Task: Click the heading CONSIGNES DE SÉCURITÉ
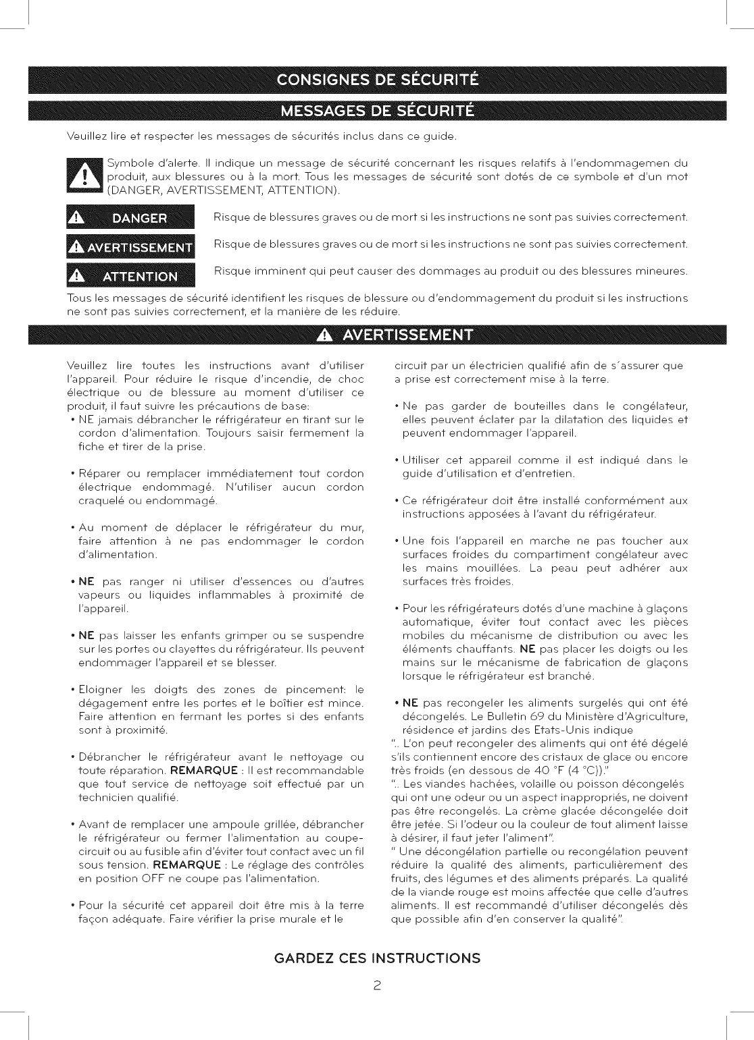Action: pos(378,80)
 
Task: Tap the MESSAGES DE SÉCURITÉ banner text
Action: pos(378,110)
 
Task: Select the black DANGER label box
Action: pos(130,218)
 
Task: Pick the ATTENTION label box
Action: pos(130,276)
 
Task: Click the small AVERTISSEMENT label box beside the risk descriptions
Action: pos(130,247)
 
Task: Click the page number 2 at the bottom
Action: pos(378,985)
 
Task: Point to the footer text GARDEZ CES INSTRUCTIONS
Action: pos(378,958)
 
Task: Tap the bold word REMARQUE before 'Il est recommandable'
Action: pos(203,770)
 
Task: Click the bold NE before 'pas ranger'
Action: pos(86,581)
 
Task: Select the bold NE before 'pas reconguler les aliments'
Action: pos(410,703)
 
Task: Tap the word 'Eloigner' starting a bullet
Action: pos(101,689)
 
